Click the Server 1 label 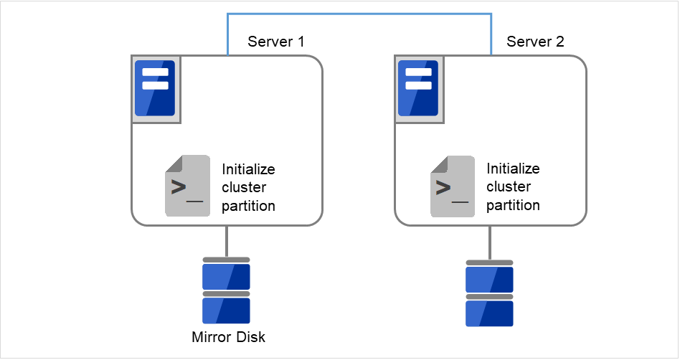coord(276,42)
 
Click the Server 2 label coord(535,42)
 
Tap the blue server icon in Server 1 coord(156,87)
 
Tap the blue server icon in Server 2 coord(419,87)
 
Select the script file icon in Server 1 coord(187,186)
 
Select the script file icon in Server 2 coord(452,186)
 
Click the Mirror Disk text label coord(228,337)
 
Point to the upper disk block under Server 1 coord(226,276)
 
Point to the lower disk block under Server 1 coord(226,311)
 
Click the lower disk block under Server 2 coord(489,313)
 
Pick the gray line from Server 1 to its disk coord(227,241)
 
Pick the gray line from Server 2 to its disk coord(490,242)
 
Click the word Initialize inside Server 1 coord(248,170)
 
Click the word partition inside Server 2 coord(513,205)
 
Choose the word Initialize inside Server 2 coord(513,169)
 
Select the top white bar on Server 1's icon coord(156,72)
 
